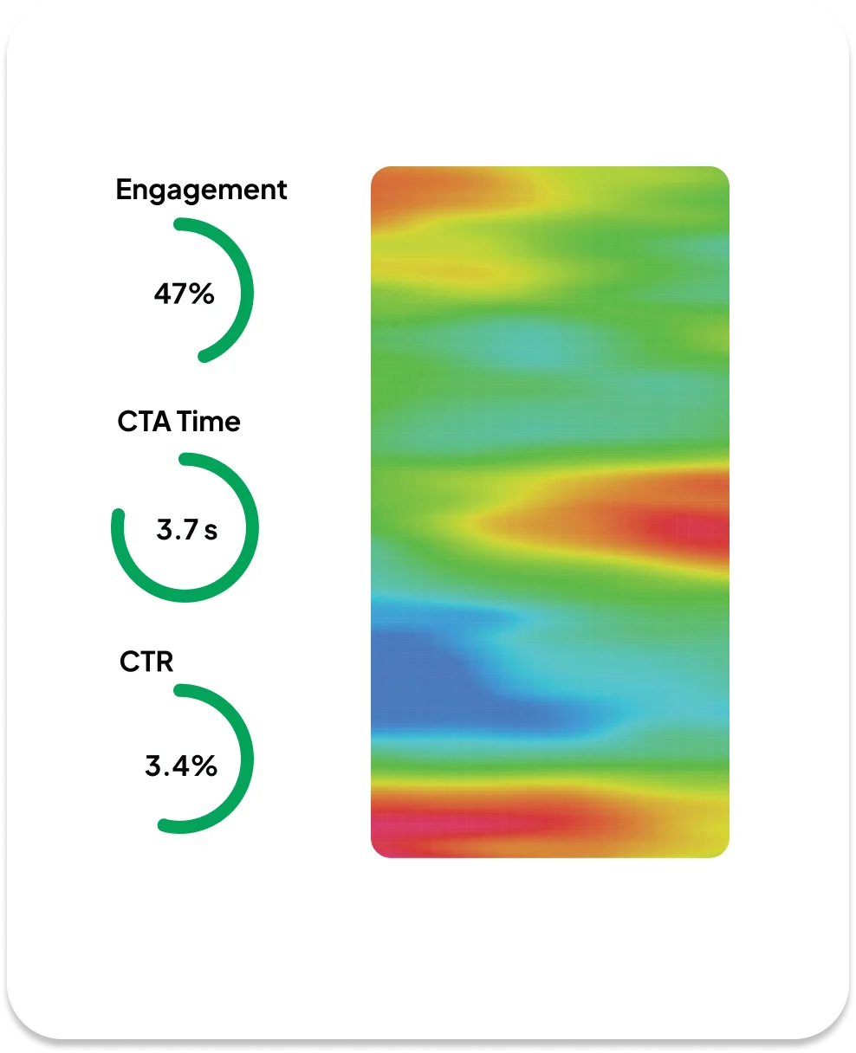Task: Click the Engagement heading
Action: [x=201, y=190]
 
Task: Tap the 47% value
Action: [x=184, y=294]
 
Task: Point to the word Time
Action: [x=208, y=422]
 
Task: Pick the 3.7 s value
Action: [x=186, y=530]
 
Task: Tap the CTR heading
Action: [x=146, y=662]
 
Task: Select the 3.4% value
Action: [x=181, y=766]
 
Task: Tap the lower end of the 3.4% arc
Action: [x=164, y=827]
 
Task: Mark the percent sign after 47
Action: [x=202, y=294]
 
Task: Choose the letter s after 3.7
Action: [x=211, y=530]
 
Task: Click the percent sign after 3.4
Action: [x=204, y=766]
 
